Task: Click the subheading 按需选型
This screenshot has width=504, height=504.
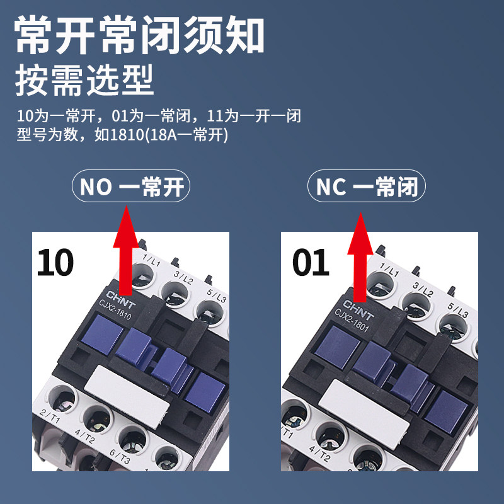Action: (84, 83)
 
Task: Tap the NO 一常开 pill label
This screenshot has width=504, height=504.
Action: (132, 187)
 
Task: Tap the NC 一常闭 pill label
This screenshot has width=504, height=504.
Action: (367, 187)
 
